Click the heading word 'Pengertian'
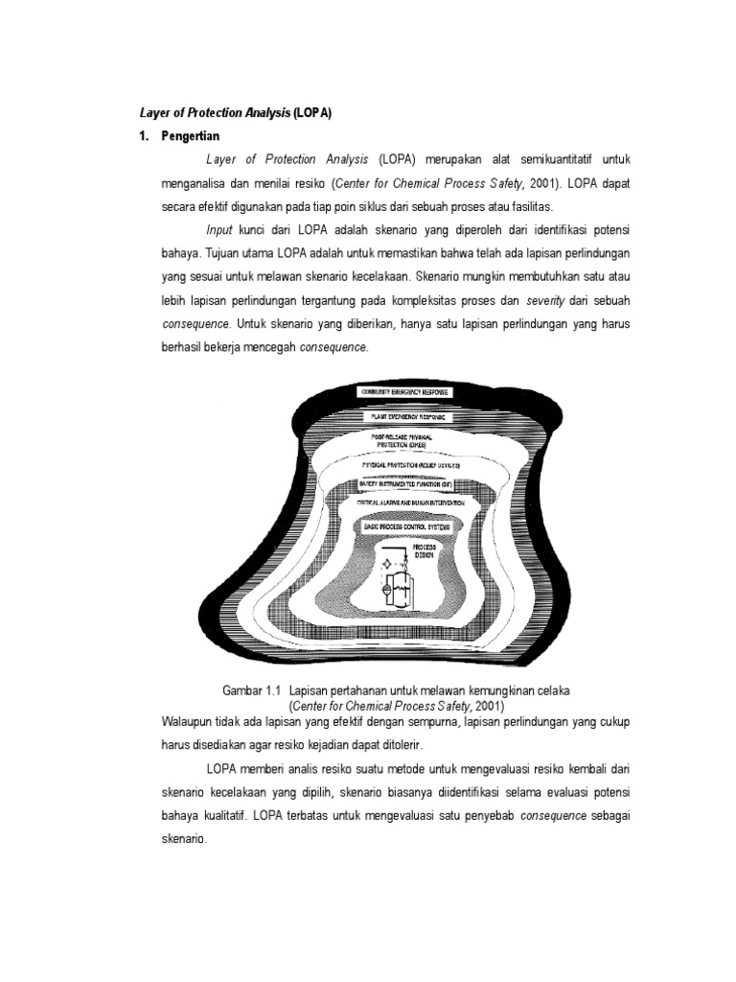(x=192, y=137)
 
